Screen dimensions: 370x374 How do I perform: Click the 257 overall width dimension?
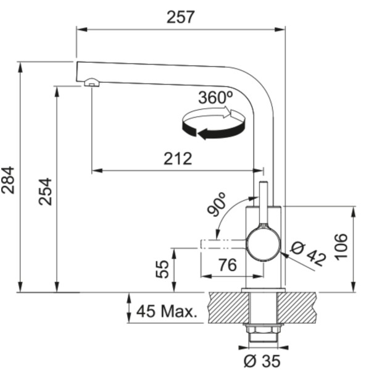(x=180, y=17)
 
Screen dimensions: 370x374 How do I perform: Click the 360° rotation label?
(x=215, y=98)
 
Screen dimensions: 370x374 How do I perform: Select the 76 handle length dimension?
(x=227, y=265)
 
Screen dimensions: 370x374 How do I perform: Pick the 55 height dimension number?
(x=162, y=269)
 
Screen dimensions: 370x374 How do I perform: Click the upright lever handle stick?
(x=264, y=204)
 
